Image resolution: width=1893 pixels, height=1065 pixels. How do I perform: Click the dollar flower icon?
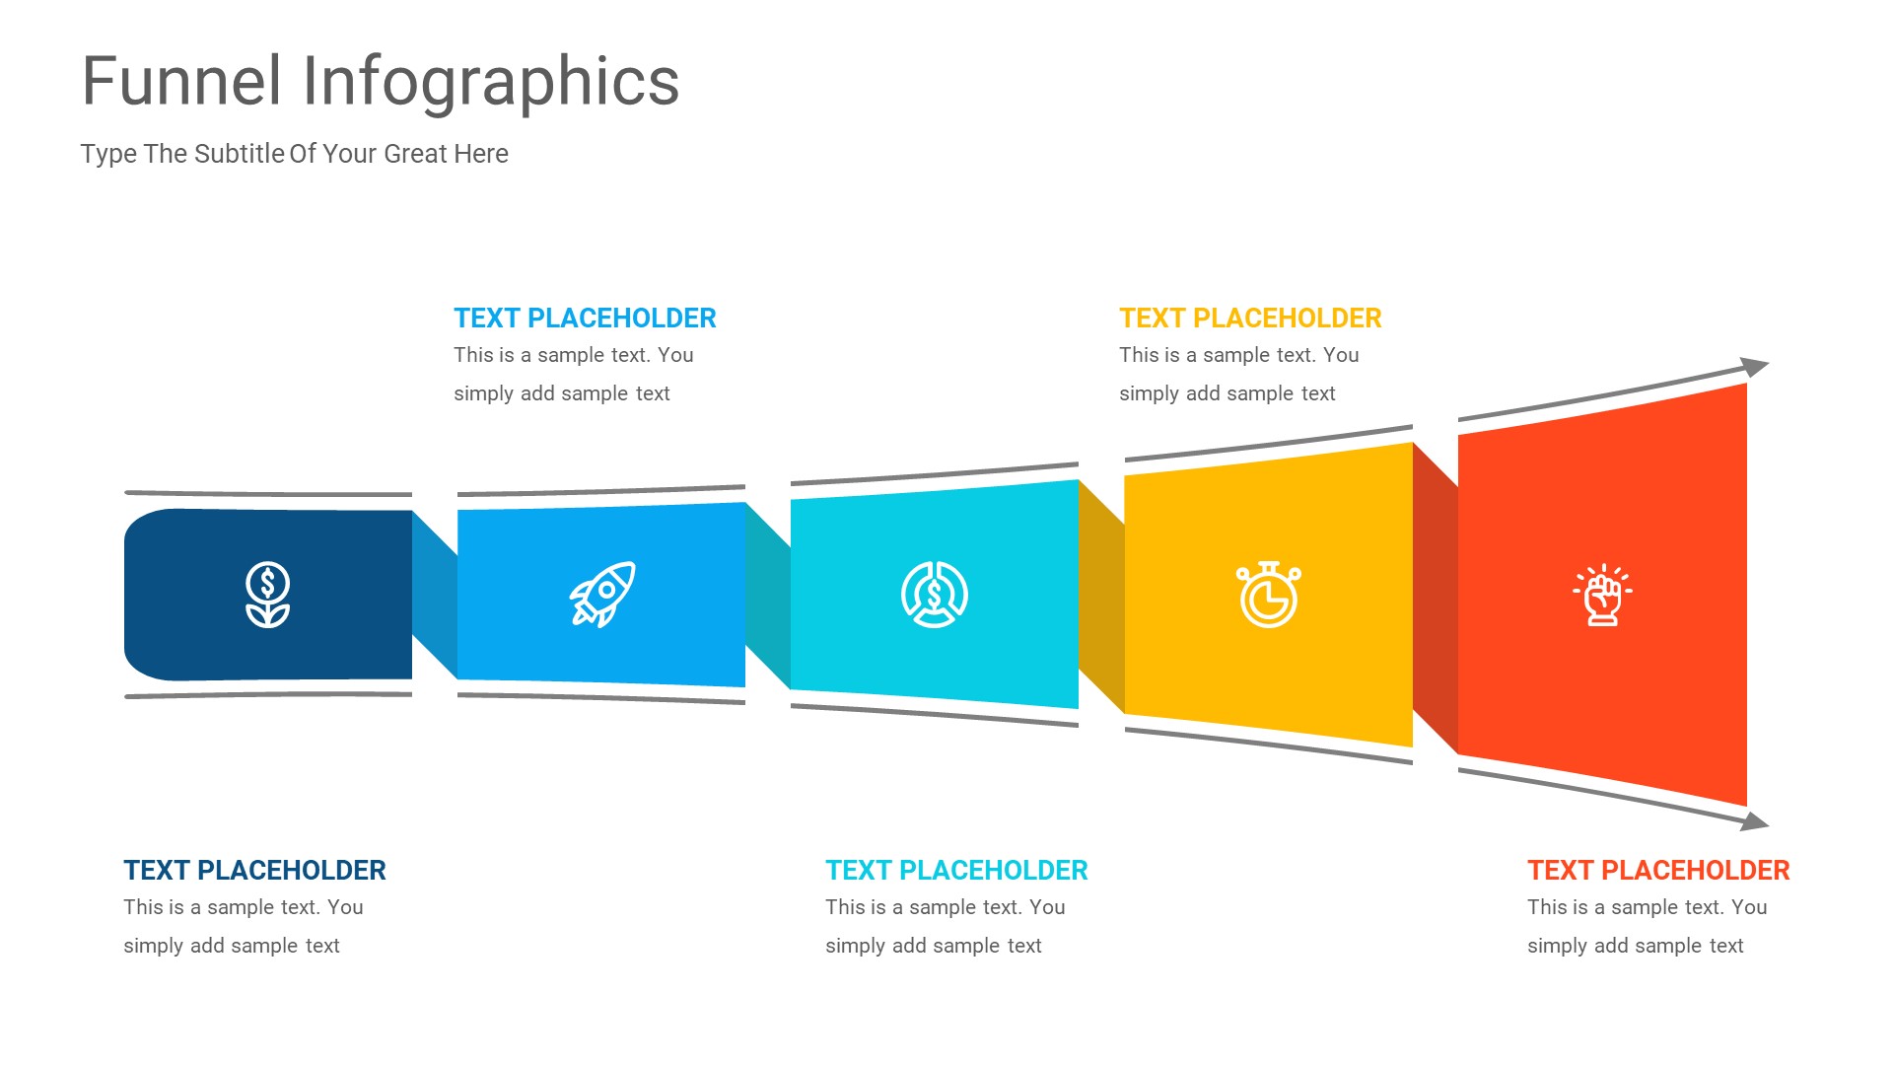267,595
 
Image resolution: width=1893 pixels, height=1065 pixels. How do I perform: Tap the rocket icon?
602,594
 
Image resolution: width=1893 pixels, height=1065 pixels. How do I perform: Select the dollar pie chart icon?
935,595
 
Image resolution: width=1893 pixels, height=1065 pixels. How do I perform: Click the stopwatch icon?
1269,595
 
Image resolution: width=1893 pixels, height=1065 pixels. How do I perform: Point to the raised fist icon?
1602,595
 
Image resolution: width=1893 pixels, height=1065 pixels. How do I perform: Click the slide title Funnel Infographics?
381,82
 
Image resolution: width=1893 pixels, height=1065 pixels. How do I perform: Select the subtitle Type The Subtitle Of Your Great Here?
294,154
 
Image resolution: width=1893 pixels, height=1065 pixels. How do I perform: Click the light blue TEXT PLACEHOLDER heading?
585,319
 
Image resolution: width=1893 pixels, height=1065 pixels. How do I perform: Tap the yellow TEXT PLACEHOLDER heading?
1250,319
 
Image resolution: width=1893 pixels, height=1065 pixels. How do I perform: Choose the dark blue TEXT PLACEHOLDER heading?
254,871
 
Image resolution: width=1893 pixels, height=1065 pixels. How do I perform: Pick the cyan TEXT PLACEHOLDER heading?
956,871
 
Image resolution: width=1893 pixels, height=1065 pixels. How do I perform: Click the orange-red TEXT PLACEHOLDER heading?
1658,871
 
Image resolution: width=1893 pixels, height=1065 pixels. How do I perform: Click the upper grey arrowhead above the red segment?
1755,367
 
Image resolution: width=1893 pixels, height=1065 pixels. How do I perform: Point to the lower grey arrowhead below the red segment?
1755,820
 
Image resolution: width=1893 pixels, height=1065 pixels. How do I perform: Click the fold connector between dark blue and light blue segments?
435,595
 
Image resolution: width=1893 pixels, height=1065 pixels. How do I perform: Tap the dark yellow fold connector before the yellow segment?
1101,596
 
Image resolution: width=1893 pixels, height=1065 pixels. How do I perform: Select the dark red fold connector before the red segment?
1436,598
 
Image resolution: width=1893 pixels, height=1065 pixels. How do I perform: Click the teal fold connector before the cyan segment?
768,595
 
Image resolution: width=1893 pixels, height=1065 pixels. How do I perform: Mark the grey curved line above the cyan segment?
935,473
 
